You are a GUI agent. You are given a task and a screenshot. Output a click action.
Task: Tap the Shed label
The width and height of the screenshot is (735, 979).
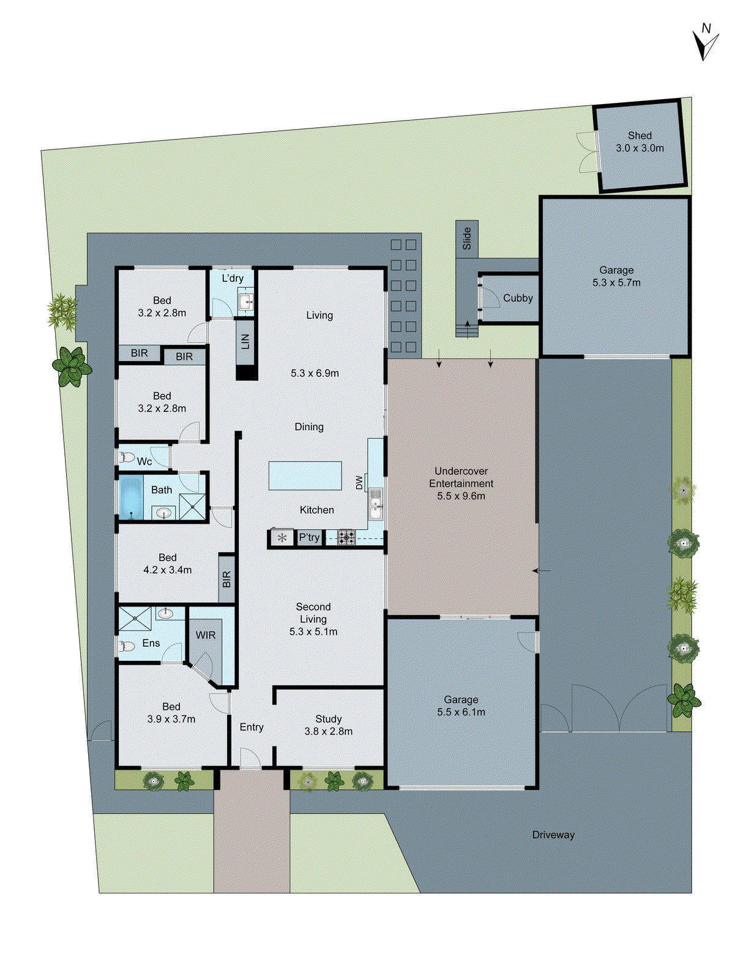(x=640, y=136)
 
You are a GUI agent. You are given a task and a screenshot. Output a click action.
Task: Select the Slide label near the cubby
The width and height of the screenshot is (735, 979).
(x=467, y=238)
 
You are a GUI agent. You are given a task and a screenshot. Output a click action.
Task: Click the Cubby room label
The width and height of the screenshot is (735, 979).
(x=518, y=298)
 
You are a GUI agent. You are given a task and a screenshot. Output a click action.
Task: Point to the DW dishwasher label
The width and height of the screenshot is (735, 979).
(x=359, y=483)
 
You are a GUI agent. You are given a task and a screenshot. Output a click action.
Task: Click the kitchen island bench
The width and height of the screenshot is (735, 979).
(x=305, y=475)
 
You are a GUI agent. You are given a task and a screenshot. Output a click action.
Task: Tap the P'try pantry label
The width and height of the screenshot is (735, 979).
(x=309, y=538)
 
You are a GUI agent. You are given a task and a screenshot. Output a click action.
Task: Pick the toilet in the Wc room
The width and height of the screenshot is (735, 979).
(x=127, y=456)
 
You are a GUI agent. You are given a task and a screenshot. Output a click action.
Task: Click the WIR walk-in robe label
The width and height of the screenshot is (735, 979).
(x=206, y=635)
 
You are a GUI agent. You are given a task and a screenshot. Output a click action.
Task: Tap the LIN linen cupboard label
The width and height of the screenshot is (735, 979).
(x=245, y=341)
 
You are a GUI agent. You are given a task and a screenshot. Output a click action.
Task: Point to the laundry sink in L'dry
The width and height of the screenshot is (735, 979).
(x=247, y=302)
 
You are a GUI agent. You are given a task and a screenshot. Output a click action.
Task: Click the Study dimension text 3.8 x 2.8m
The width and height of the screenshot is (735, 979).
(x=329, y=731)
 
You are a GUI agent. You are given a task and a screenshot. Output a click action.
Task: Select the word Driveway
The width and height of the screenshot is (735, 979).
(x=553, y=835)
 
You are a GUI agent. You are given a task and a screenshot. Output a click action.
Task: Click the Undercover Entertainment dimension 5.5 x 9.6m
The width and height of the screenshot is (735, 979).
(x=461, y=496)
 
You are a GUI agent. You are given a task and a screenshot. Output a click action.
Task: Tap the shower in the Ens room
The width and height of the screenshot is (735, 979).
(x=135, y=618)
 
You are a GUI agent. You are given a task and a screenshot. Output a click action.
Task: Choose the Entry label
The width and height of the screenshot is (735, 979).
(x=252, y=727)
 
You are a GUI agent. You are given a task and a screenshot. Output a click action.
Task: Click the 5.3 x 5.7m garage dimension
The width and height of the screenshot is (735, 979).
(x=616, y=283)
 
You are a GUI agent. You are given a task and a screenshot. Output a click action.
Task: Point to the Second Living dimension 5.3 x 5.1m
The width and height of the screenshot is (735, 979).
(x=313, y=631)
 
